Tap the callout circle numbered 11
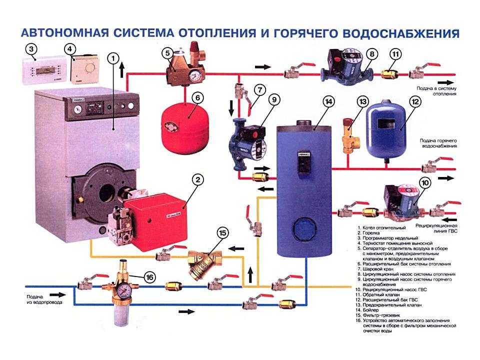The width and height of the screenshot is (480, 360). (395, 54)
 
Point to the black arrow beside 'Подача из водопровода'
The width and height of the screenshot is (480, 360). (56, 295)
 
